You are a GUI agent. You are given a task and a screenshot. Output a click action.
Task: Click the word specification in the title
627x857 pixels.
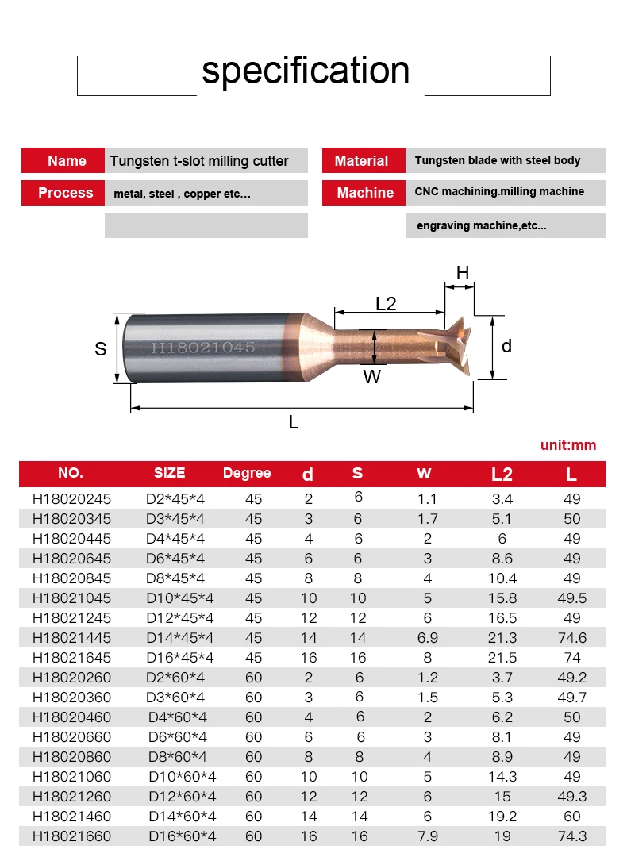click(306, 71)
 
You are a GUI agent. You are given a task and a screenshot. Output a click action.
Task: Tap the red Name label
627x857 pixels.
click(63, 160)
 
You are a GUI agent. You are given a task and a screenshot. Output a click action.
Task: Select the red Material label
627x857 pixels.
click(364, 160)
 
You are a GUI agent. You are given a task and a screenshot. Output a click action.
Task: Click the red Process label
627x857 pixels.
click(63, 193)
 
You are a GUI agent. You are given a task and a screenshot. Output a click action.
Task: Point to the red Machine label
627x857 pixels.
click(364, 193)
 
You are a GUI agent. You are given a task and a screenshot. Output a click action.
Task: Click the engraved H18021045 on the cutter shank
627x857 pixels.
click(203, 348)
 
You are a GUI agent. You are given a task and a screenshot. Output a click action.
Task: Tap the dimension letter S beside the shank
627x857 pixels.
click(101, 348)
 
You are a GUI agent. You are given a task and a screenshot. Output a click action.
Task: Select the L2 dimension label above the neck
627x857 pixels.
click(386, 303)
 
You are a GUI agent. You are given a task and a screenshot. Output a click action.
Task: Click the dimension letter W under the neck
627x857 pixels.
click(371, 377)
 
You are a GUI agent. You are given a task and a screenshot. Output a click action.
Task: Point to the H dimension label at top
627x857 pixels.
click(463, 273)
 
